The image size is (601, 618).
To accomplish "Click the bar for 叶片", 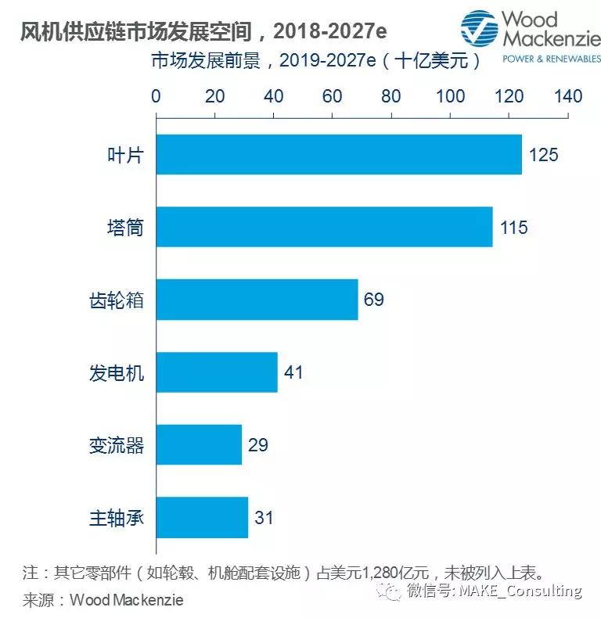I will point(339,154).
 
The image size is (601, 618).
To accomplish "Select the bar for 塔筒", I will point(324,227).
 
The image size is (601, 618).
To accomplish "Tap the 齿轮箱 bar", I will point(257,300).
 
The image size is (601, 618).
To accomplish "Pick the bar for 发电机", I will point(217,372).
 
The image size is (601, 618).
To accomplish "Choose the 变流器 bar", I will point(199,444).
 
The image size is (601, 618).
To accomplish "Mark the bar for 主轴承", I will point(202,517).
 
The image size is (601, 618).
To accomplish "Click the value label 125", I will point(543,155).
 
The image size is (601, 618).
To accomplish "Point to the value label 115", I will point(513,228).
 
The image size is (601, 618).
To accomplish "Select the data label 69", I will point(373,300).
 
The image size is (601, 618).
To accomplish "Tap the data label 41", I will point(293,372).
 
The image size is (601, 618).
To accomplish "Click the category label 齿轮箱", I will point(117,300).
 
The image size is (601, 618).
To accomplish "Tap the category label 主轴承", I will point(117,518).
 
